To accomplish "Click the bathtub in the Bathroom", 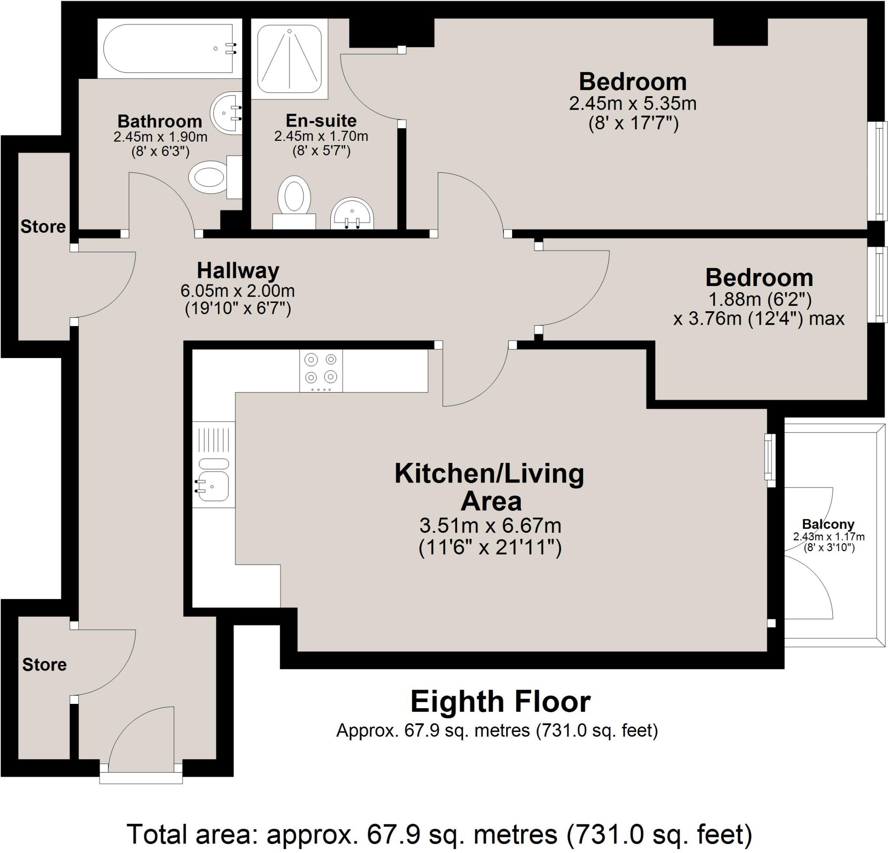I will (169, 49).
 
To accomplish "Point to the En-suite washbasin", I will (352, 214).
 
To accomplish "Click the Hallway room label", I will (238, 271).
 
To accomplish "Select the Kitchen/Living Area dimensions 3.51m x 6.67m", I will (490, 526).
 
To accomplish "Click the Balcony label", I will (828, 524).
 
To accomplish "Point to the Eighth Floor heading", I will (500, 702).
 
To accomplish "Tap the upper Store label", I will (43, 227).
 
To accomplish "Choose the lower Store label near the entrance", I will (44, 664).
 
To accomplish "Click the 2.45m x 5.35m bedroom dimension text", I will (633, 104).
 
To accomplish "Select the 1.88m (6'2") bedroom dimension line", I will (759, 300).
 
